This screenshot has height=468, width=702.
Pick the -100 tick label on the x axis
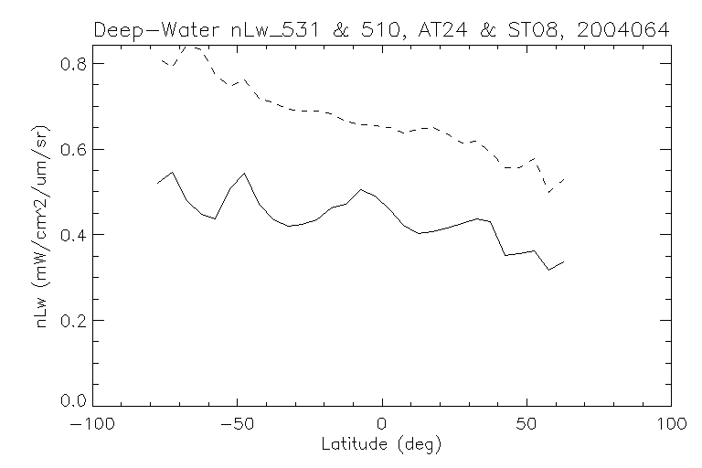click(93, 425)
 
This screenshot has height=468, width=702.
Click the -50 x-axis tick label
click(238, 425)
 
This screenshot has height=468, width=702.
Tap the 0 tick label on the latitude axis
click(382, 425)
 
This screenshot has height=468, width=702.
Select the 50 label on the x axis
click(526, 425)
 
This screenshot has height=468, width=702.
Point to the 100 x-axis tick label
click(670, 425)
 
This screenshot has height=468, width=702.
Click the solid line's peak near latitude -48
click(244, 173)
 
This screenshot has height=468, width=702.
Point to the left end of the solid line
click(157, 184)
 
